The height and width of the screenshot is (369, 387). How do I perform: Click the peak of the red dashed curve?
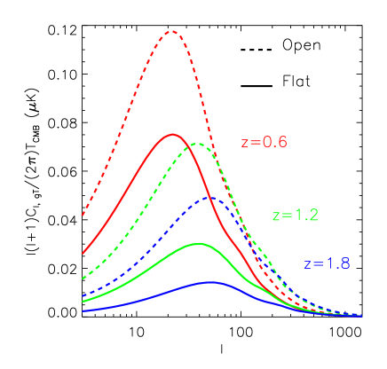[172, 31]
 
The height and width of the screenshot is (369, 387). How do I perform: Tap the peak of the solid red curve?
[172, 134]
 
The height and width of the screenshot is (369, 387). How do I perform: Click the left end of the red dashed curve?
[83, 216]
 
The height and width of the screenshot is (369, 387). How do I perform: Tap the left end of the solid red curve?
[83, 254]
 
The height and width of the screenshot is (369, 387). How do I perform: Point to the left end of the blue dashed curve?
[83, 296]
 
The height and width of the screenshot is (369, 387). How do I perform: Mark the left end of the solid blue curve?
[83, 310]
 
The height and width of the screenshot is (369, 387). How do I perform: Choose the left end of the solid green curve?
[83, 302]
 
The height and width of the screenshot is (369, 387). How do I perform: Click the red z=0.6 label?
[265, 142]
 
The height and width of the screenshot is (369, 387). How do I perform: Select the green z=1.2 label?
[295, 216]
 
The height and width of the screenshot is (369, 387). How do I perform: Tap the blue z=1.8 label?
[327, 263]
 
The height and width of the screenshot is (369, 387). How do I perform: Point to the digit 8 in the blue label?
[344, 263]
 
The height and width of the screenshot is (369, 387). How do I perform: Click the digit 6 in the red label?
[283, 142]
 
